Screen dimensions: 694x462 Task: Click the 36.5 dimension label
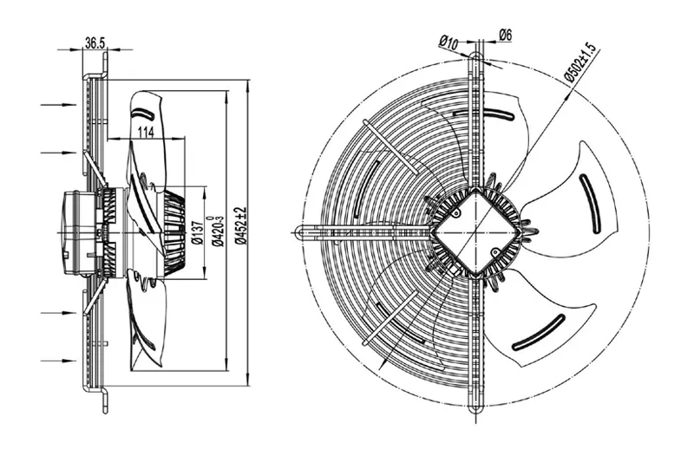[95, 42]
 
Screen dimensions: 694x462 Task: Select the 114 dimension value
[146, 132]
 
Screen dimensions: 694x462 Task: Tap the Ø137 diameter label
[198, 232]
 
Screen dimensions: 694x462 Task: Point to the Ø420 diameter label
[218, 231]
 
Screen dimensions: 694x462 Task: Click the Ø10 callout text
[448, 42]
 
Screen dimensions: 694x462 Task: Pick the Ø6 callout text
[506, 35]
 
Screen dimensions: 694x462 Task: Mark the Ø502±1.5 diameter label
[581, 62]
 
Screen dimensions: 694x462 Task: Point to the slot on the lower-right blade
[538, 333]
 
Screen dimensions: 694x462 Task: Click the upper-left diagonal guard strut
[390, 146]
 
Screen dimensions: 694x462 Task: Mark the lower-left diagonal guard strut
[390, 317]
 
